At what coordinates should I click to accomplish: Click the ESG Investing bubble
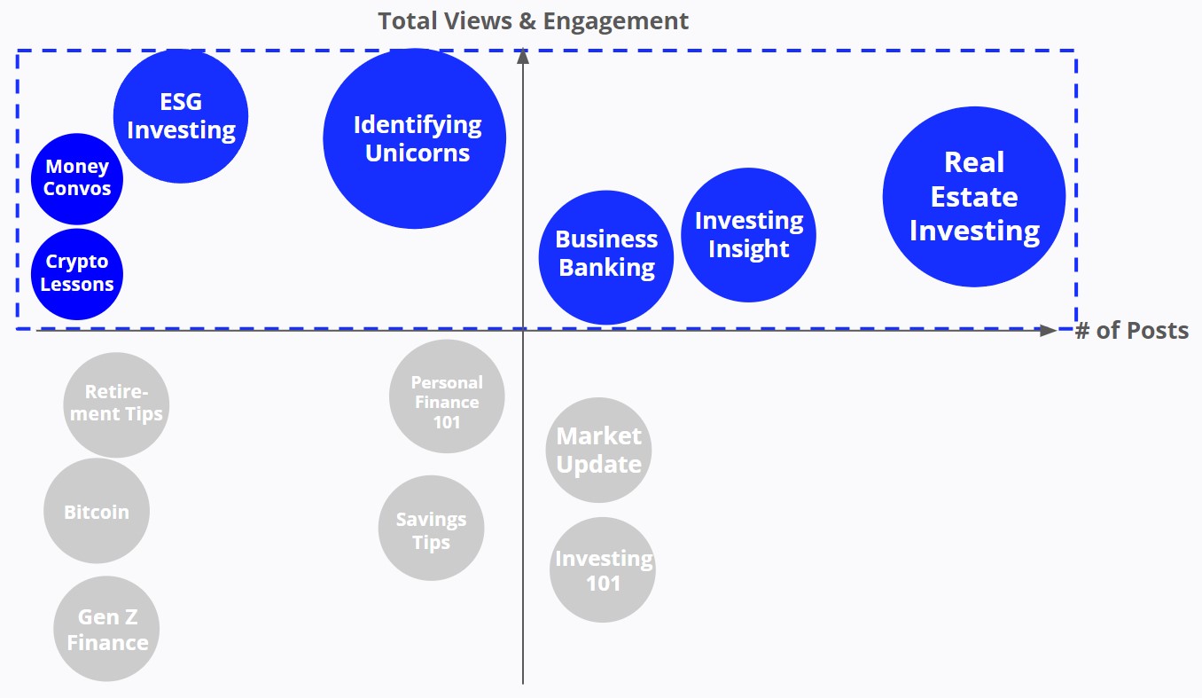[x=181, y=116]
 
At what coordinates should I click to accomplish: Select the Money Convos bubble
[x=77, y=178]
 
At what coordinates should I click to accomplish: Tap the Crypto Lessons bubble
[x=77, y=274]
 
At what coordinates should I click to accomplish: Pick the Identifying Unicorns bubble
[x=415, y=138]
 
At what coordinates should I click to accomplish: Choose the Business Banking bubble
[x=606, y=257]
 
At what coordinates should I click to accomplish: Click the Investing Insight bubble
[x=748, y=235]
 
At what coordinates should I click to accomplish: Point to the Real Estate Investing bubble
[x=973, y=196]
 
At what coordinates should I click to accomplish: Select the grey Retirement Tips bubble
[x=116, y=404]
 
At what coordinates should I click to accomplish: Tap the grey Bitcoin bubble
[x=97, y=511]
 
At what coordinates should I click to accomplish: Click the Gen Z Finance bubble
[x=106, y=629]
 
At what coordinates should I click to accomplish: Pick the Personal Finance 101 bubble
[x=447, y=396]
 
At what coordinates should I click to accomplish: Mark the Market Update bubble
[x=598, y=450]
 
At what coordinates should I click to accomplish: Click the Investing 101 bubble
[x=603, y=569]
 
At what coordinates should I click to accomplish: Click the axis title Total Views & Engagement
[x=533, y=21]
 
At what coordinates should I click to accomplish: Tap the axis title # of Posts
[x=1131, y=331]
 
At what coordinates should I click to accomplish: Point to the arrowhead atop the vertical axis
[x=523, y=56]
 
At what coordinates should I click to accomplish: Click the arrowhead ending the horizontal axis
[x=1049, y=330]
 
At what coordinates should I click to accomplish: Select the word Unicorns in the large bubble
[x=418, y=153]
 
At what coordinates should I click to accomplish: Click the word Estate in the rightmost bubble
[x=973, y=197]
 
